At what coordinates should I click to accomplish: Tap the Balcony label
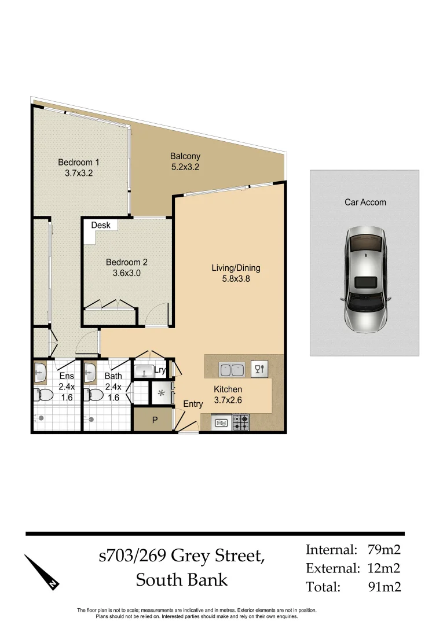tap(185, 156)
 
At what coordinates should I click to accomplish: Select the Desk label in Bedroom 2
tap(100, 225)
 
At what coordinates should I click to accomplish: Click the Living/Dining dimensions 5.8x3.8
tap(235, 278)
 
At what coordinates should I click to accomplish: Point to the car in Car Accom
tap(365, 279)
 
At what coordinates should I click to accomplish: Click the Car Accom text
tap(365, 202)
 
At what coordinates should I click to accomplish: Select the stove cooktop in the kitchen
tap(241, 423)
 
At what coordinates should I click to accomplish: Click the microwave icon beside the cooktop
tap(221, 424)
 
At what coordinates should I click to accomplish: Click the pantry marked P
tap(154, 421)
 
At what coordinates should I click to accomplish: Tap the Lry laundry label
tap(160, 370)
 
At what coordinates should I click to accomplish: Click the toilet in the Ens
tap(45, 396)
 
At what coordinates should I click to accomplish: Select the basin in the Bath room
tap(90, 373)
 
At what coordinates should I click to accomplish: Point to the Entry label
tap(193, 404)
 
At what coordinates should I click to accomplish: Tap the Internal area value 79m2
tap(384, 550)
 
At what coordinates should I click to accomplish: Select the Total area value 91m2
tap(384, 587)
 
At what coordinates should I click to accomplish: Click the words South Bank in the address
tap(182, 579)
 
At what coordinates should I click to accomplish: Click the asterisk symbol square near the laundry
tap(160, 394)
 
